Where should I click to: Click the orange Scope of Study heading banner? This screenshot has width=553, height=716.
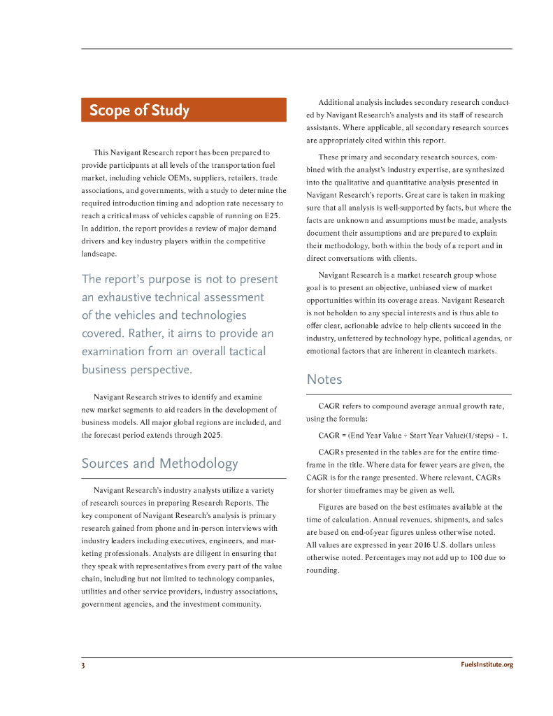(x=183, y=110)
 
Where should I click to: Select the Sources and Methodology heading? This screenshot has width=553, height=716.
(x=159, y=463)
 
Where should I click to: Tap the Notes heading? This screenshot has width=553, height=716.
(x=324, y=380)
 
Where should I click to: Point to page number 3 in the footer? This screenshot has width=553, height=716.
(x=83, y=665)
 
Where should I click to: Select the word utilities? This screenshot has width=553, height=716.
(x=97, y=592)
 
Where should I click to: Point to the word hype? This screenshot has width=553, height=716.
(x=405, y=338)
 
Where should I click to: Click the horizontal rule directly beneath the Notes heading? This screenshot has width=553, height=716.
(x=409, y=394)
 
